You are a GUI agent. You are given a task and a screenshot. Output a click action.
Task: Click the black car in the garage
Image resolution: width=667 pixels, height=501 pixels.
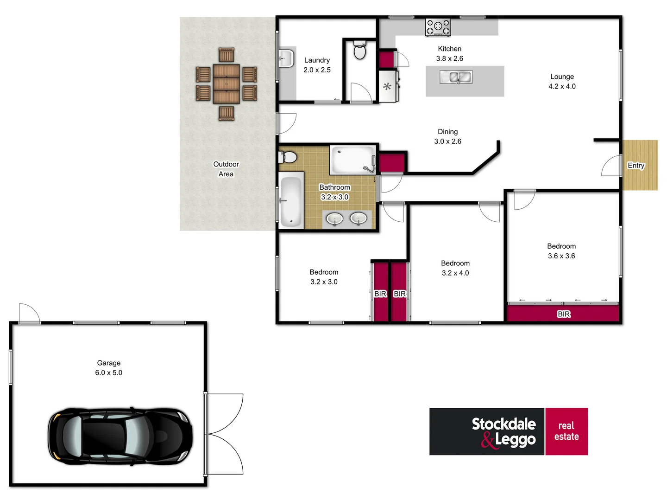point(120,436)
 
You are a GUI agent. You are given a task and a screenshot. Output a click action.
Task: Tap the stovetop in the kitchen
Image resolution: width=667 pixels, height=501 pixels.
point(438,27)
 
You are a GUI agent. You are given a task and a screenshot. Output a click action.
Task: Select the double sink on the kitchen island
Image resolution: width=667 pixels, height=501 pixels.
point(456,77)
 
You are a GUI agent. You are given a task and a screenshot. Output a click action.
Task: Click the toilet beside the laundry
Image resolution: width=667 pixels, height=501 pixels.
point(359,51)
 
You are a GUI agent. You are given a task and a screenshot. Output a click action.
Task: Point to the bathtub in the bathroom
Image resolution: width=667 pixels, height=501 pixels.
point(291,202)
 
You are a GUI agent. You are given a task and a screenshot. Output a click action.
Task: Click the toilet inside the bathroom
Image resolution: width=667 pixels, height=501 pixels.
point(288,157)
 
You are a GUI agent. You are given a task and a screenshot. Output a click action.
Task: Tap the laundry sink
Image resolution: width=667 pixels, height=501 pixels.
point(286,59)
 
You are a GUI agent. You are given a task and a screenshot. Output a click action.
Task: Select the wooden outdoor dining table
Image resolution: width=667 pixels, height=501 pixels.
point(227,84)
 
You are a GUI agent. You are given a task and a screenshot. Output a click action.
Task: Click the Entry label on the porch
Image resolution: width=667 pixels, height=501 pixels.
point(636,166)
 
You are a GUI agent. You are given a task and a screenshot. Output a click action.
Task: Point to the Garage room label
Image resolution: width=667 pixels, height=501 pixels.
point(109,363)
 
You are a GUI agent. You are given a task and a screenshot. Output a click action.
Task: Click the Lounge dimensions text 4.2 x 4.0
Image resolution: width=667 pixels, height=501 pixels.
point(562,86)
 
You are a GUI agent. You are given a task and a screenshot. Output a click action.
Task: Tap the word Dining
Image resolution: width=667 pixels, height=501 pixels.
point(447,132)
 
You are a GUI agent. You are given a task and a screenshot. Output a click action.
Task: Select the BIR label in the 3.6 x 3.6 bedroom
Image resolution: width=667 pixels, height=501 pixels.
point(564,314)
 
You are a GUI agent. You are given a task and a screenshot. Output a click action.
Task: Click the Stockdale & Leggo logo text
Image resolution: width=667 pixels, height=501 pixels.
point(503,432)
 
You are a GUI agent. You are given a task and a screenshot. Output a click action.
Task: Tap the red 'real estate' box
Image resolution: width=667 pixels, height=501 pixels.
point(566,431)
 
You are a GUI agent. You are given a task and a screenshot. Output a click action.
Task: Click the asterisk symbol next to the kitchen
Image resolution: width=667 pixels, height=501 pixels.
point(387,86)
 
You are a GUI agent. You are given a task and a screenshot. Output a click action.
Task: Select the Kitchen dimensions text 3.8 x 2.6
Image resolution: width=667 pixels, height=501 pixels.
point(449,58)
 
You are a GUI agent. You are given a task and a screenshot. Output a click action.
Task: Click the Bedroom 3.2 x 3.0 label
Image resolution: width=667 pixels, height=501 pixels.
point(324,277)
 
